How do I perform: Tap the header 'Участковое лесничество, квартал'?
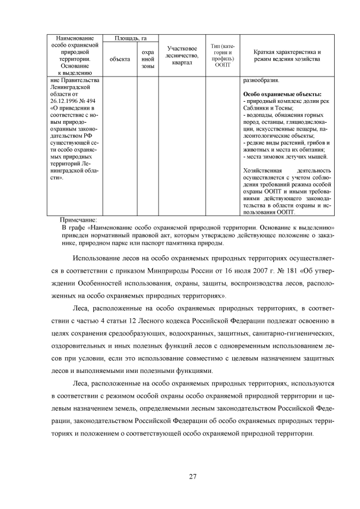pos(182,55)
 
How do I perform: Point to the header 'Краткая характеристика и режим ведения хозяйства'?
pos(287,55)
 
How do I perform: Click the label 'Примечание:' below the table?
pos(78,219)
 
